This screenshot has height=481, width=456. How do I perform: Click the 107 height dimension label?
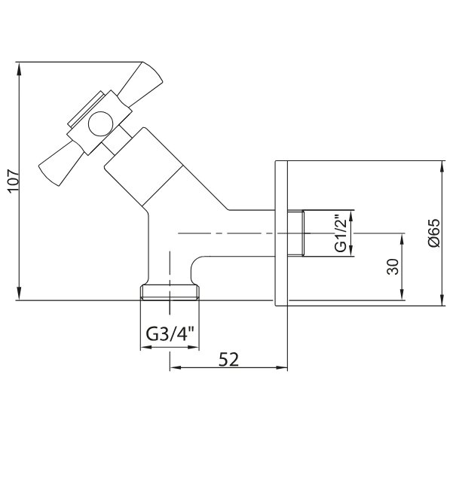14,181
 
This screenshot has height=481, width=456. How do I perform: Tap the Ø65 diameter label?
434,233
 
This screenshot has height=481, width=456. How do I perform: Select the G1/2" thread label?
341,234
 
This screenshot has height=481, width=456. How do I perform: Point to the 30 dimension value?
393,266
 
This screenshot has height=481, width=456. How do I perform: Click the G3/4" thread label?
170,333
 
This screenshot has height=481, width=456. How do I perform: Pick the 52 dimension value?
228,359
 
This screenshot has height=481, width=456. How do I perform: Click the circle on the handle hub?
100,123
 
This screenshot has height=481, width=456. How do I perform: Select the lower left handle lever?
61,165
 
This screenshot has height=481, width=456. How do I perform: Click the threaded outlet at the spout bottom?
170,292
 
